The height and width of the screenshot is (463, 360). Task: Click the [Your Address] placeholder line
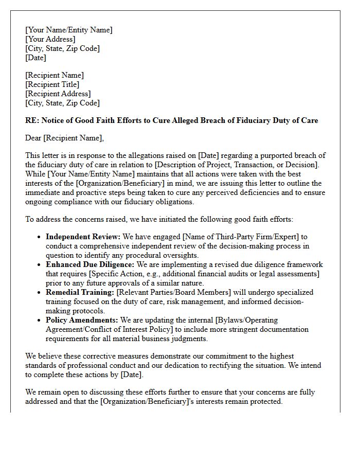pyautogui.click(x=50, y=39)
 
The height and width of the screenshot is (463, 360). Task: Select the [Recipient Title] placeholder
pyautogui.click(x=52, y=84)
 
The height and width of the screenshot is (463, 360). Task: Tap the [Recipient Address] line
pyautogui.click(x=58, y=94)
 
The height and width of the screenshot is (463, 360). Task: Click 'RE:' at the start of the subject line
pyautogui.click(x=32, y=120)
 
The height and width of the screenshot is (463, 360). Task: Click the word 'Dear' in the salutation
pyautogui.click(x=33, y=138)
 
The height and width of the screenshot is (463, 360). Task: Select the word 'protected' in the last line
pyautogui.click(x=265, y=401)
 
